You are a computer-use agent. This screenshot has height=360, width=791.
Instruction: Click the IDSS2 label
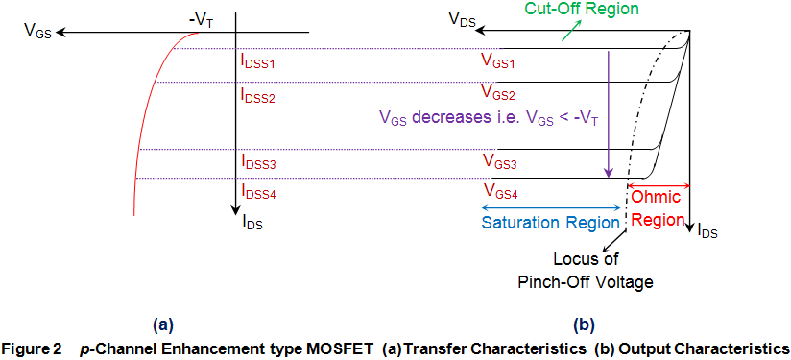click(259, 97)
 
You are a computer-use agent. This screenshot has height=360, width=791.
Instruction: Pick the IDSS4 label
click(259, 191)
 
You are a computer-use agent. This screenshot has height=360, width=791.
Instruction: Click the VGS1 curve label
click(498, 60)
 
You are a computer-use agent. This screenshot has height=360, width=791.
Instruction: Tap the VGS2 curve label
click(498, 96)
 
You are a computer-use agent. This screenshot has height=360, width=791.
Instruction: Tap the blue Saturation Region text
click(550, 223)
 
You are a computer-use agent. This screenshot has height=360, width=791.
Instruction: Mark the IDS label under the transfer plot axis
click(252, 224)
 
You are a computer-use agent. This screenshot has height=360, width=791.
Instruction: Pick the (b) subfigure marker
click(585, 323)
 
